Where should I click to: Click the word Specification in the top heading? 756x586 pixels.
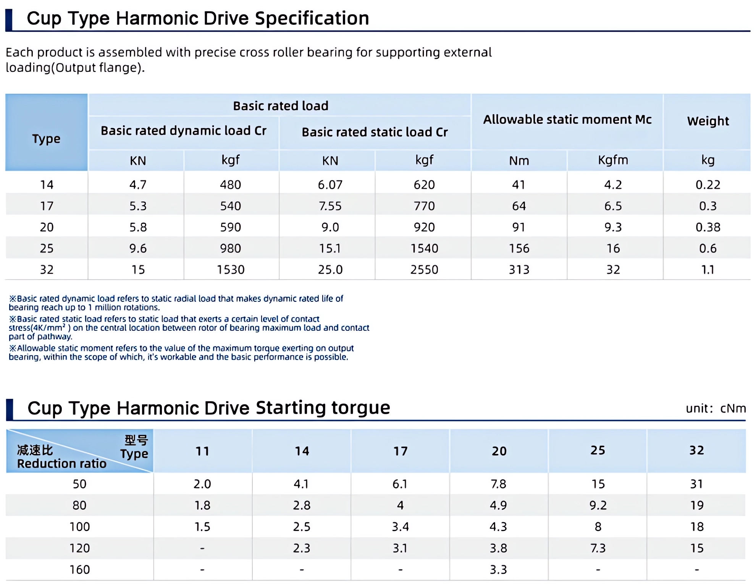(x=312, y=18)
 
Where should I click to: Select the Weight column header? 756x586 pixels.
(x=708, y=121)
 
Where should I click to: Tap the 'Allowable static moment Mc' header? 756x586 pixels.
(x=567, y=120)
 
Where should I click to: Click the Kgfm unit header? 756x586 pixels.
(x=613, y=160)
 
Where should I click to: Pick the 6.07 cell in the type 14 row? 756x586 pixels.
(x=330, y=185)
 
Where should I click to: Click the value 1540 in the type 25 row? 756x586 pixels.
(x=424, y=249)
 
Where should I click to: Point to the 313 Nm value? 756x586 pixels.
(x=519, y=270)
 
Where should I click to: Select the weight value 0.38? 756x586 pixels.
(x=708, y=227)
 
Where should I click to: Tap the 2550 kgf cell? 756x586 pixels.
(x=424, y=270)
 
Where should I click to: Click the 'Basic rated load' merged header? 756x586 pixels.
(x=280, y=106)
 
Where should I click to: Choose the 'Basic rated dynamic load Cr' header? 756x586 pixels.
(x=183, y=131)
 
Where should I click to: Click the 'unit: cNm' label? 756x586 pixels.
(x=716, y=408)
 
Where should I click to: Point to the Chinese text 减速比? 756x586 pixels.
(x=35, y=450)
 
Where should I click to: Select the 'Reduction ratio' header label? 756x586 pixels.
(x=61, y=464)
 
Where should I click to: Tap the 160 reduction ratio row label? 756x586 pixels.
(x=79, y=570)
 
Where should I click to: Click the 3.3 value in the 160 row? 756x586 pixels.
(x=498, y=570)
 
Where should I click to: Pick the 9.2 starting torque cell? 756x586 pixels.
(x=598, y=505)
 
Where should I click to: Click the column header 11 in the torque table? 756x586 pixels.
(x=202, y=451)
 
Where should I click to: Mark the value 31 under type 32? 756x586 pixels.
(x=696, y=484)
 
